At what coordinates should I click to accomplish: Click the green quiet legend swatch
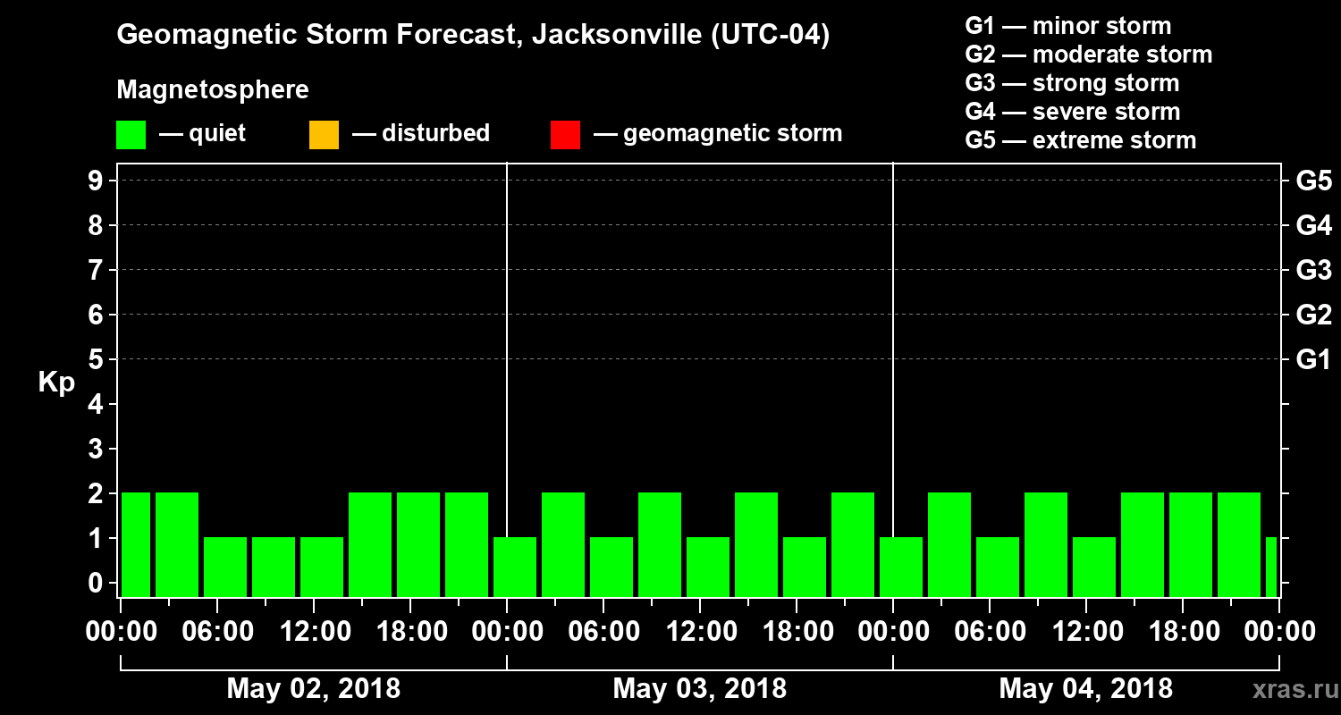[x=131, y=134]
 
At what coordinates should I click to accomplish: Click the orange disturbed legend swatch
[x=324, y=134]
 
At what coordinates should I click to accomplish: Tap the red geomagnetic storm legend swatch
[x=565, y=134]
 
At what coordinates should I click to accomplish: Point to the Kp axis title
[x=55, y=383]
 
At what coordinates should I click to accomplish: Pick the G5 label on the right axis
[x=1313, y=181]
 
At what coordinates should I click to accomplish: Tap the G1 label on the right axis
[x=1313, y=359]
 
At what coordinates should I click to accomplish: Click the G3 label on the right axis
[x=1313, y=270]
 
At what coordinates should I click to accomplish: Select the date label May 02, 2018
[x=313, y=688]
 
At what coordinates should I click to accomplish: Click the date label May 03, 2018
[x=700, y=688]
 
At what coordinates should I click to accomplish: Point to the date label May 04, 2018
[x=1085, y=688]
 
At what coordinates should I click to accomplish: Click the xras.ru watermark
[x=1291, y=690]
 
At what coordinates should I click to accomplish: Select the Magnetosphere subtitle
[x=213, y=90]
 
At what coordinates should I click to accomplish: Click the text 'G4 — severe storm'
[x=1073, y=112]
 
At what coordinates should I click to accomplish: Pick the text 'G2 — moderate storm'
[x=1089, y=55]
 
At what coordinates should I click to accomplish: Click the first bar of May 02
[x=136, y=544]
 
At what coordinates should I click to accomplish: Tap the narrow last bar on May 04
[x=1271, y=567]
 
